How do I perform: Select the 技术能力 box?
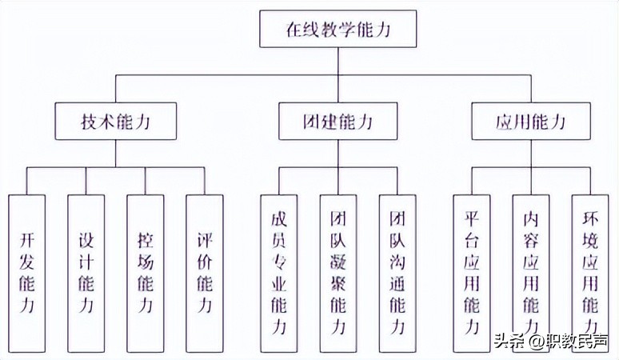[x=116, y=122]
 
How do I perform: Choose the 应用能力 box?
[x=531, y=122]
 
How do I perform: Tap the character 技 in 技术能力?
[x=90, y=122]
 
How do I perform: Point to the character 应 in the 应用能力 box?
[x=505, y=122]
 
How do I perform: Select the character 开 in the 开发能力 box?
[x=28, y=239]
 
